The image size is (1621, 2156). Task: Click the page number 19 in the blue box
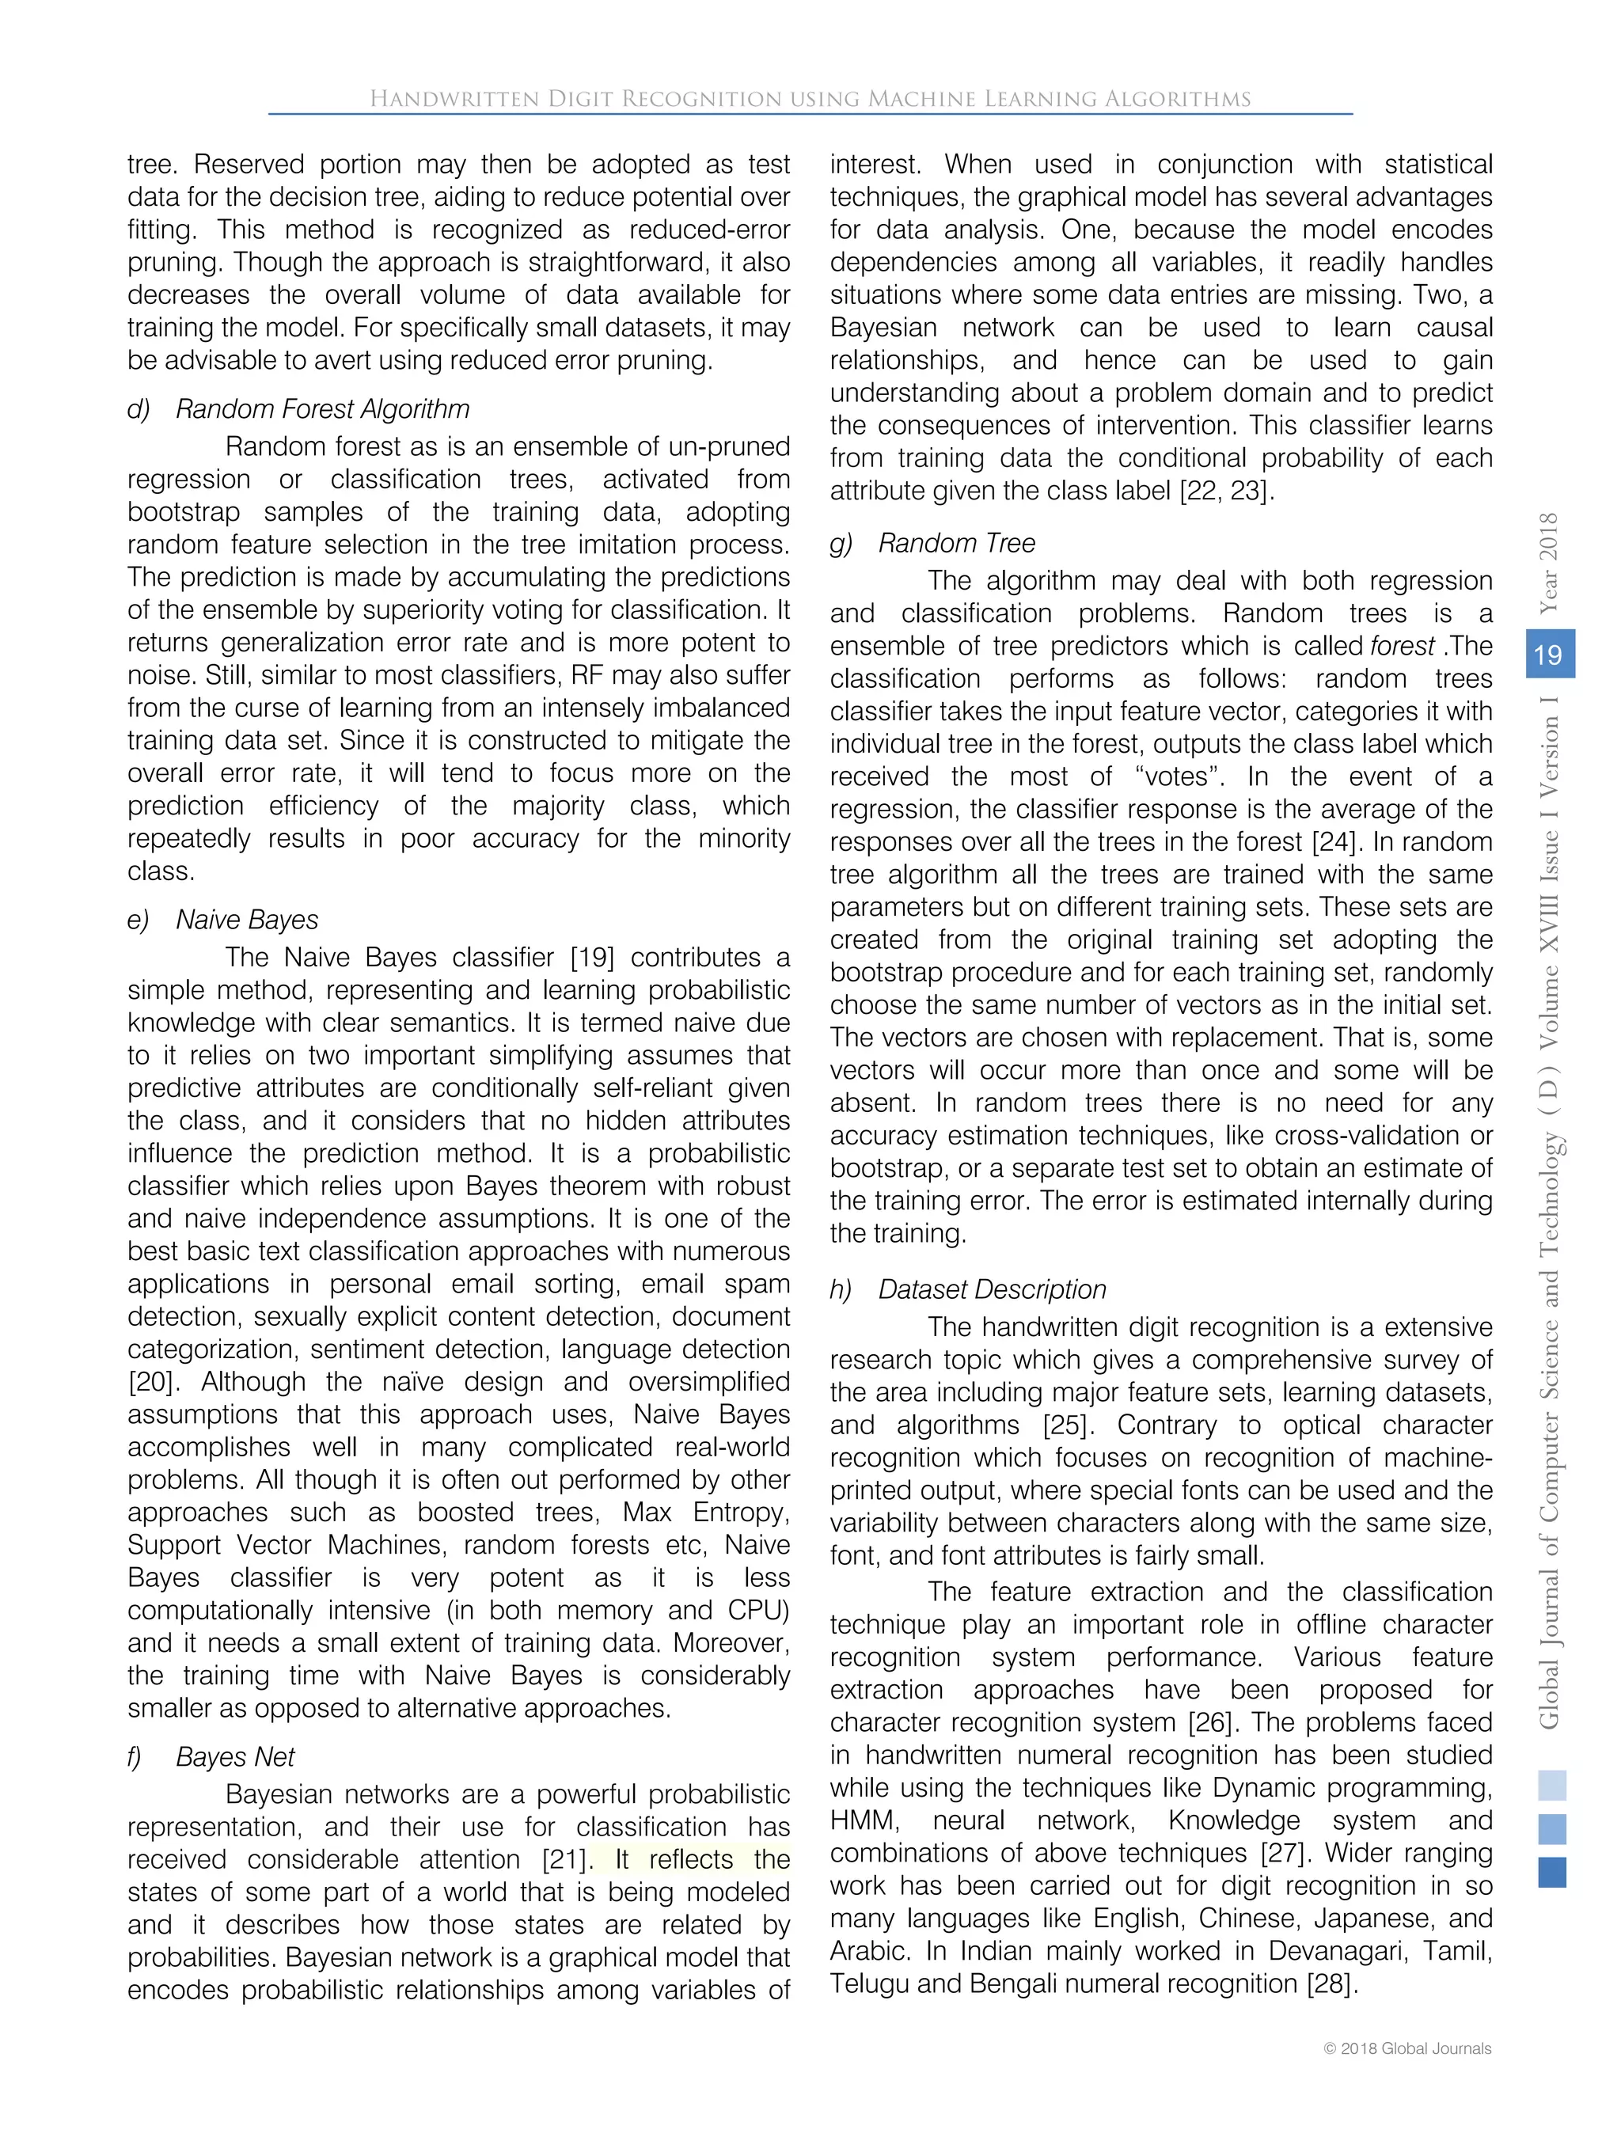click(x=1548, y=654)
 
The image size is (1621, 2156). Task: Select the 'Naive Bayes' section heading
click(x=247, y=920)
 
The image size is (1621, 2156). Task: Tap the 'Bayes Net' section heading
click(x=235, y=1757)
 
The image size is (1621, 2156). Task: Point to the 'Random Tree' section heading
click(x=956, y=543)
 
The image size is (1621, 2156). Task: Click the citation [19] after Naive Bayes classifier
click(x=592, y=958)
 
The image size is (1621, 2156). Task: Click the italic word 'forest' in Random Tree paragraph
click(x=1402, y=646)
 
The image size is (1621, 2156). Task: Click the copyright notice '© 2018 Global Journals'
click(x=1407, y=2049)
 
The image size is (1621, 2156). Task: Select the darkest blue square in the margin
click(x=1552, y=1873)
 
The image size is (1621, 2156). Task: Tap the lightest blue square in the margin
click(x=1552, y=1786)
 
